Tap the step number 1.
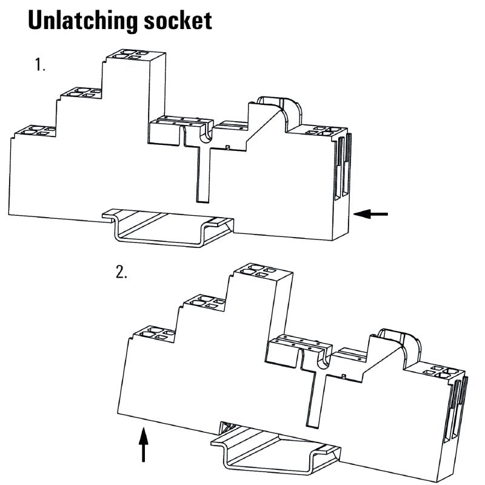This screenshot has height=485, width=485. (40, 65)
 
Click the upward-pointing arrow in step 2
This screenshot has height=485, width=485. (143, 445)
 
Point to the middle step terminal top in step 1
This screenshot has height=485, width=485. (81, 93)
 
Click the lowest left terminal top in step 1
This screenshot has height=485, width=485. (34, 130)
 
